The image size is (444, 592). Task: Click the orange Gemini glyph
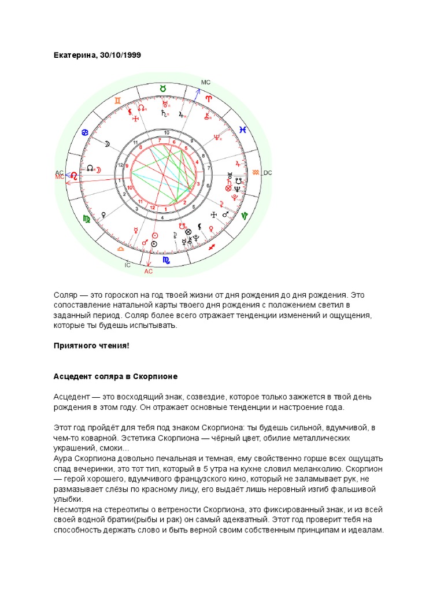117,101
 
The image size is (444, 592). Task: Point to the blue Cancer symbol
85,134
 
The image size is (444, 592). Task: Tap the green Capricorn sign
245,215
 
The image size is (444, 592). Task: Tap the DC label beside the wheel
267,172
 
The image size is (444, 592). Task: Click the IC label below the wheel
127,265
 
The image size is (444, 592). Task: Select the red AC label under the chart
148,271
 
